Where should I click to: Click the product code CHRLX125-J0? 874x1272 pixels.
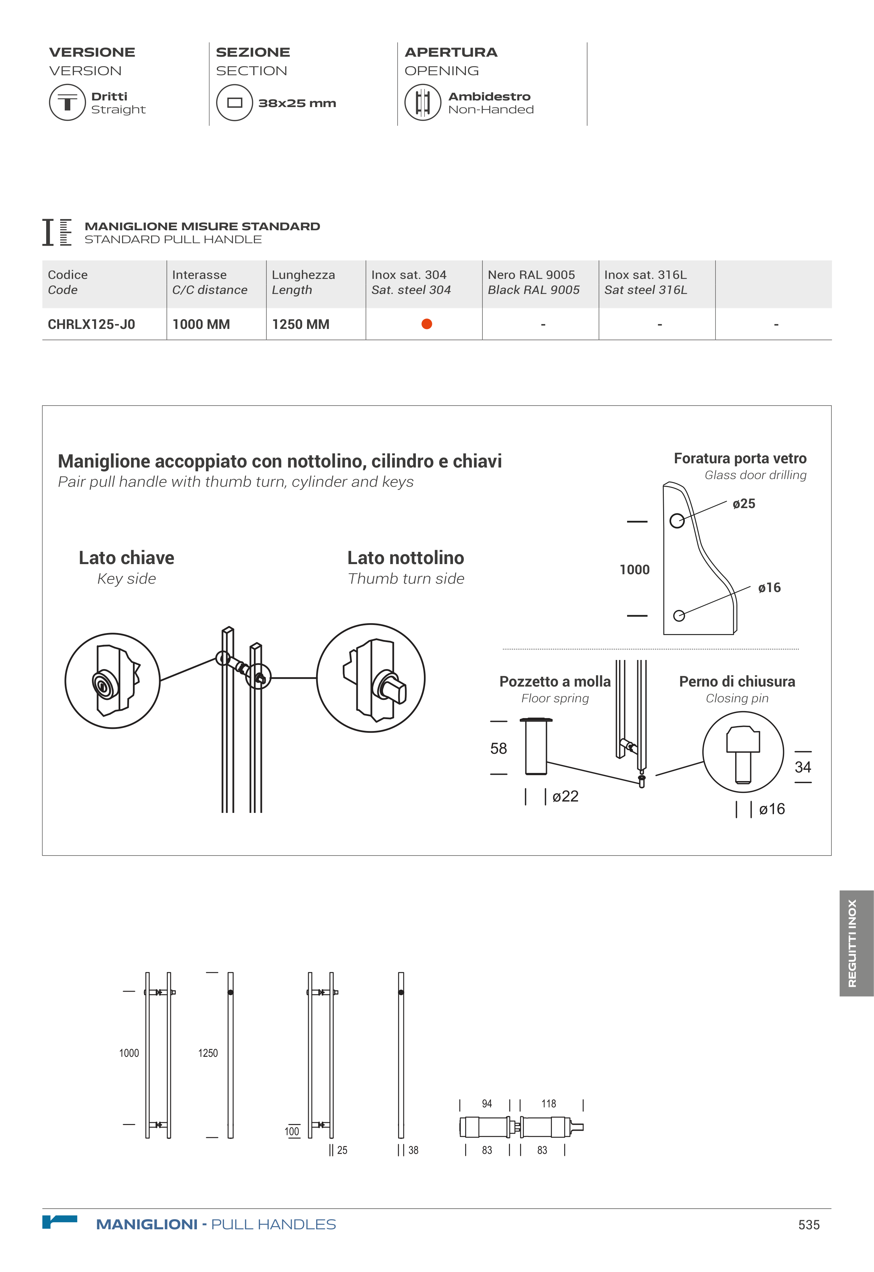[x=91, y=324]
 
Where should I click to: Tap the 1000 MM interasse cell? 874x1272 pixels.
[x=201, y=324]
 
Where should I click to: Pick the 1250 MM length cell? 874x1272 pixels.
[x=301, y=324]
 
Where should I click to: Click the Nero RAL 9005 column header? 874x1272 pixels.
[x=533, y=282]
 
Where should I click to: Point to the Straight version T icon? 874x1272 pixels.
[x=67, y=103]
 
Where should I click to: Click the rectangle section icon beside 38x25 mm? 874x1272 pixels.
[x=234, y=103]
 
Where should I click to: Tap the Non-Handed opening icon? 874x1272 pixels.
[x=423, y=103]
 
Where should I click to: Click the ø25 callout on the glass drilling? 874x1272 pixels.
[x=744, y=504]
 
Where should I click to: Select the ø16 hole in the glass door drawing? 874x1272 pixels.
[x=679, y=616]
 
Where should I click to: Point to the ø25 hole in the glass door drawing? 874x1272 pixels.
[x=677, y=520]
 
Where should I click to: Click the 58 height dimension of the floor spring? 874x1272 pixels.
[x=498, y=748]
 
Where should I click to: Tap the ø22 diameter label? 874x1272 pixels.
[x=565, y=796]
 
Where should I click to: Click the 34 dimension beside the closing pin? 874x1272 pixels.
[x=803, y=767]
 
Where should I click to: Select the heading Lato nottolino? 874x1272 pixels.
[x=406, y=558]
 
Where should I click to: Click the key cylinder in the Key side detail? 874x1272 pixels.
[x=103, y=685]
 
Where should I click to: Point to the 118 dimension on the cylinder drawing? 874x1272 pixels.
[x=549, y=1103]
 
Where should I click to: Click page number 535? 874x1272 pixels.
[x=809, y=1225]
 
